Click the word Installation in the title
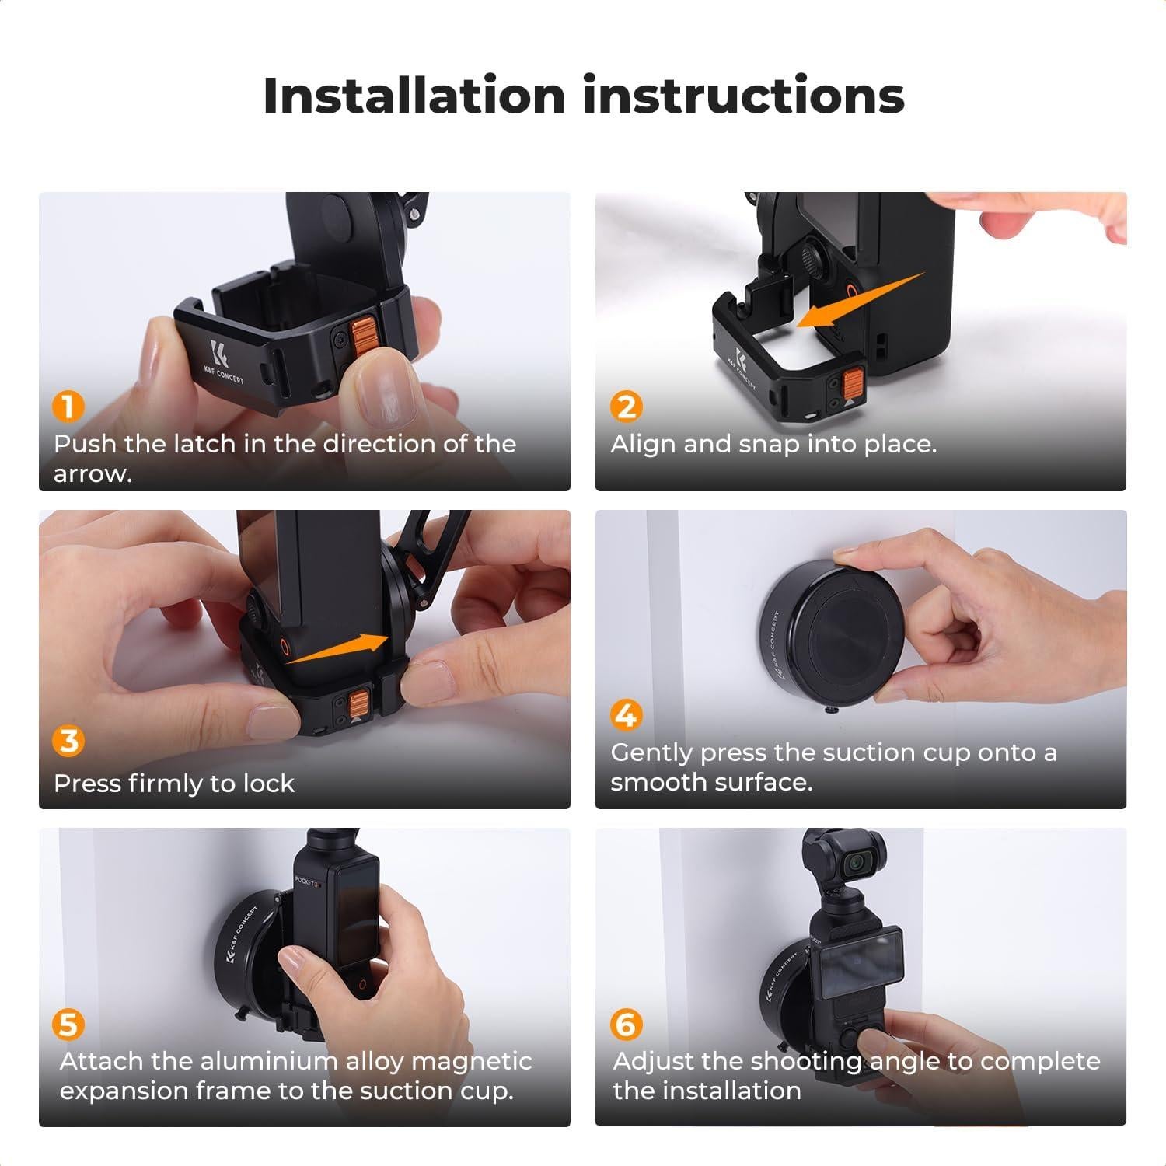[x=414, y=96]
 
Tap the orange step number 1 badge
[x=68, y=407]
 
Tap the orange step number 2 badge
[x=626, y=407]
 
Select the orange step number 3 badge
[x=68, y=741]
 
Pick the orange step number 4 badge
[x=626, y=714]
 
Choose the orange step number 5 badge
[x=68, y=1025]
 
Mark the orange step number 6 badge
[x=626, y=1025]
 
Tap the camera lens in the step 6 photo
[x=858, y=862]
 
